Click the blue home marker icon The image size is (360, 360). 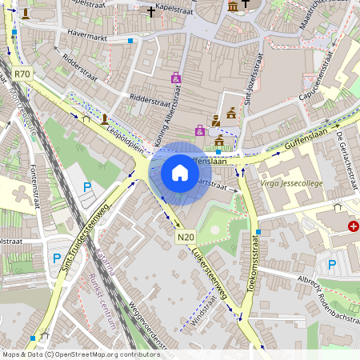pos(180,172)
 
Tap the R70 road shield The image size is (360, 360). pos(22,74)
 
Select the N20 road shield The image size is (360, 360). pos(186,237)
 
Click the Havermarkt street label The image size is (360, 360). pos(88,35)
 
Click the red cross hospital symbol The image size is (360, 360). pos(354,227)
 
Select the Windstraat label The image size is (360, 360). pos(204,314)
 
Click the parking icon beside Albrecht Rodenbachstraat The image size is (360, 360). pos(332,265)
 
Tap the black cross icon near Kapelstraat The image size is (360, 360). pos(151,12)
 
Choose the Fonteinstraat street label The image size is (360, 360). pos(34,168)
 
